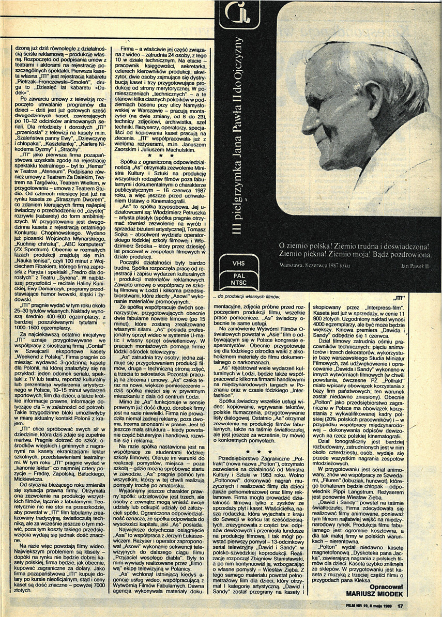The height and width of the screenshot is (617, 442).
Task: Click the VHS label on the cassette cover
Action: (238, 263)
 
